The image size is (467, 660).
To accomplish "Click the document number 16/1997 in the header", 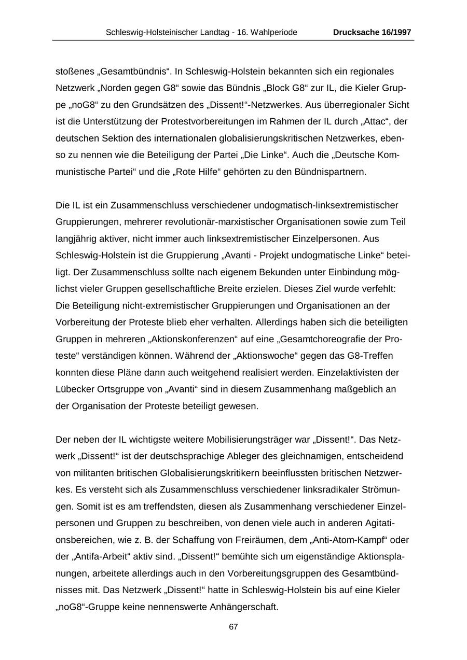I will (x=395, y=32).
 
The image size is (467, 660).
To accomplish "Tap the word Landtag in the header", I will (x=215, y=32).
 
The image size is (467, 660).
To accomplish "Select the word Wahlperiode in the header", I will (x=274, y=32).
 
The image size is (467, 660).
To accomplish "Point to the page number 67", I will (x=233, y=627).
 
